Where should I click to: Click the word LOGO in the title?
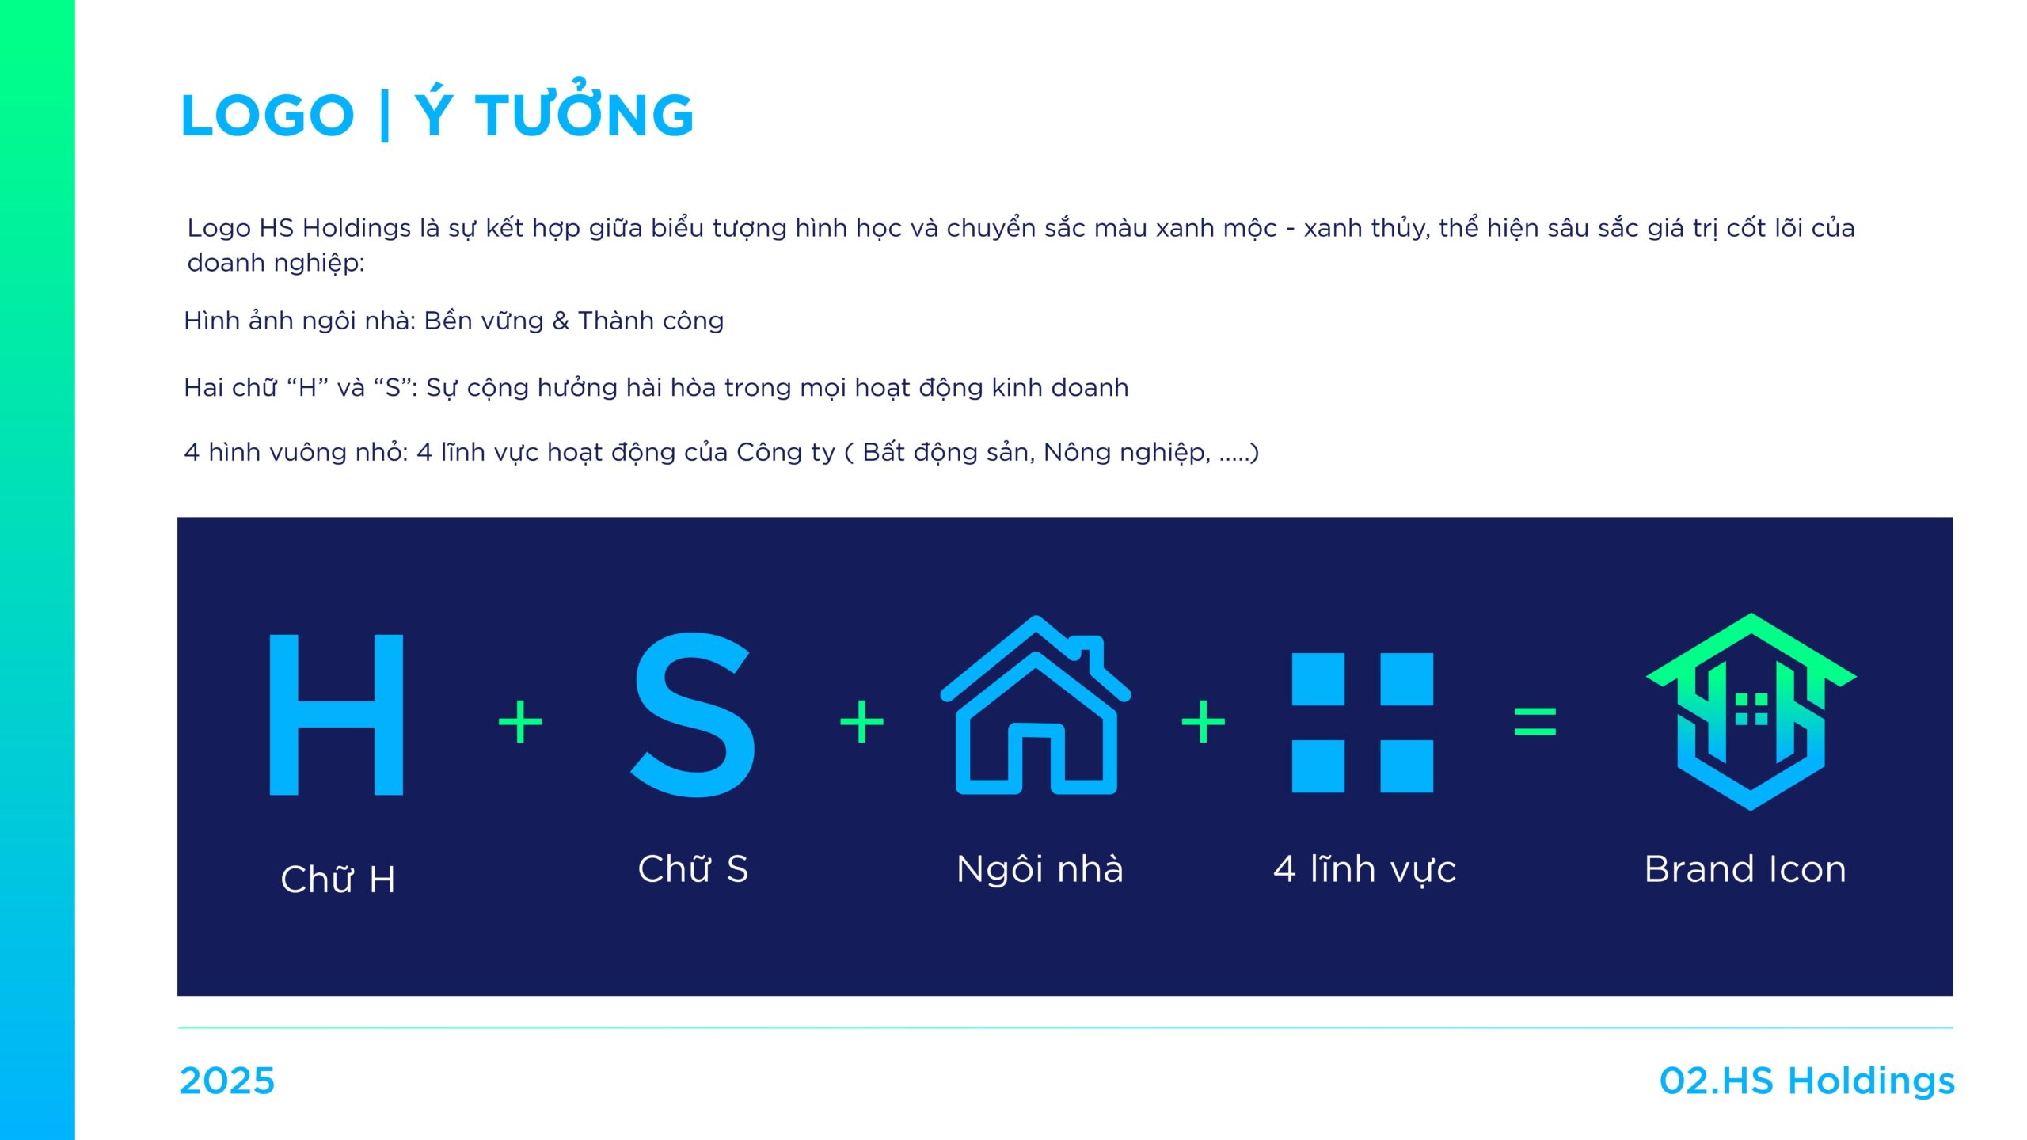pyautogui.click(x=268, y=116)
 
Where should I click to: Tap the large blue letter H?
pyautogui.click(x=337, y=714)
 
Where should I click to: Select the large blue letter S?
pyautogui.click(x=693, y=714)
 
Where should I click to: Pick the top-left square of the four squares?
pyautogui.click(x=1318, y=678)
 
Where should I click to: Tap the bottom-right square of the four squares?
pyautogui.click(x=1407, y=766)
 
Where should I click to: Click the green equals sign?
pyautogui.click(x=1535, y=721)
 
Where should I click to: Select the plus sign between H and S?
pyautogui.click(x=520, y=721)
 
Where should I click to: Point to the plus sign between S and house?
pyautogui.click(x=861, y=721)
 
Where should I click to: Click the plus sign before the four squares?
pyautogui.click(x=1204, y=721)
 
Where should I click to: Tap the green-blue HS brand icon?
pyautogui.click(x=1751, y=711)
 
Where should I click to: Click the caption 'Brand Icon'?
pyautogui.click(x=1745, y=869)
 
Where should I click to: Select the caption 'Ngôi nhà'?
pyautogui.click(x=1040, y=868)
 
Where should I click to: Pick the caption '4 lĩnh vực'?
pyautogui.click(x=1364, y=869)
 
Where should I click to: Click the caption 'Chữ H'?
pyautogui.click(x=338, y=879)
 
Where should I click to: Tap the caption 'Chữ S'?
pyautogui.click(x=693, y=868)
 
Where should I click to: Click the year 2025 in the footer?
pyautogui.click(x=227, y=1081)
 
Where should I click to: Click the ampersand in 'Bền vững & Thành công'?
pyautogui.click(x=561, y=321)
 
